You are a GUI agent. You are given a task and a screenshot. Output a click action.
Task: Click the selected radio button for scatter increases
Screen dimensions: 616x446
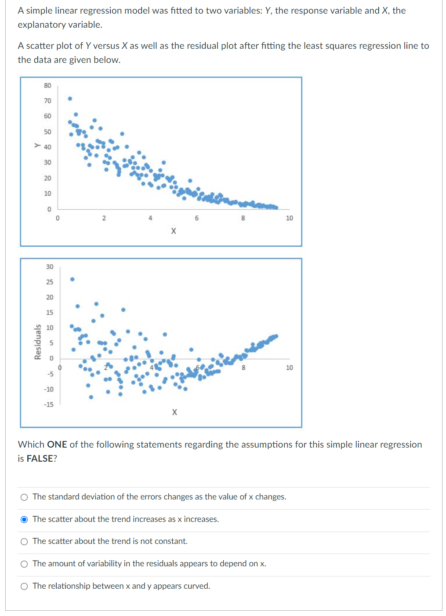(x=24, y=519)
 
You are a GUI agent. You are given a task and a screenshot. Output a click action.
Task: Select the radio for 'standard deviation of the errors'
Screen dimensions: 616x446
(x=24, y=497)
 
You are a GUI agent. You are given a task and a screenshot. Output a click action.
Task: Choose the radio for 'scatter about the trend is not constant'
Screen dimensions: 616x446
(x=24, y=542)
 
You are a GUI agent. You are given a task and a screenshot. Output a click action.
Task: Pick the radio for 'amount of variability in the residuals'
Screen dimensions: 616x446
(x=24, y=564)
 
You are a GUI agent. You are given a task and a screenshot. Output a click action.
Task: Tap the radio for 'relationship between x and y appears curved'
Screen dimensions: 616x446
(x=24, y=587)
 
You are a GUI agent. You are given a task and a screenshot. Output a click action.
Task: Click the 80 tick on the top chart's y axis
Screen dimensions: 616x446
(x=47, y=86)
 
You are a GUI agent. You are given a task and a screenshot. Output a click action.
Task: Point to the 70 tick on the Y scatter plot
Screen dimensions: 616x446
(x=47, y=101)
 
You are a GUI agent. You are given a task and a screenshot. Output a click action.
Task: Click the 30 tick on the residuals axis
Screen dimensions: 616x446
(x=50, y=267)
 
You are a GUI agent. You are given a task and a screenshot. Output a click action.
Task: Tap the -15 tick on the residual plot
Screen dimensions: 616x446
(x=48, y=405)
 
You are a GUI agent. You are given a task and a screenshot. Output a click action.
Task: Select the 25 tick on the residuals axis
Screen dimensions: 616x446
(x=50, y=282)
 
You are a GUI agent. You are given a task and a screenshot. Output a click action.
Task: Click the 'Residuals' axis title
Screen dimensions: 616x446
(x=38, y=342)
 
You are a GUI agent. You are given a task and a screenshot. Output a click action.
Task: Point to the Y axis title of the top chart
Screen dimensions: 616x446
(x=37, y=146)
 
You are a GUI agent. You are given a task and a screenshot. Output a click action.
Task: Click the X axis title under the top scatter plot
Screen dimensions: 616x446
(x=174, y=231)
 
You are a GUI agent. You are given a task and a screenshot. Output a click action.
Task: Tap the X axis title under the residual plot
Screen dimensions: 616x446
(x=175, y=412)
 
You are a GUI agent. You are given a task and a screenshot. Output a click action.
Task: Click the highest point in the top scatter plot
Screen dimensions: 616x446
(x=70, y=98)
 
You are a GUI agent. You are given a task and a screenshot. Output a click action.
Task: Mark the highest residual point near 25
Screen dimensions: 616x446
(x=73, y=279)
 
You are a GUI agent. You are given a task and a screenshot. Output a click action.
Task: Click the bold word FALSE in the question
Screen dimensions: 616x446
(x=40, y=459)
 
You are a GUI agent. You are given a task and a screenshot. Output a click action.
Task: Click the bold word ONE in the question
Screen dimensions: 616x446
(x=57, y=445)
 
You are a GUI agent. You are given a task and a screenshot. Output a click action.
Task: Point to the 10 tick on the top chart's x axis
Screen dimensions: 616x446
(x=289, y=218)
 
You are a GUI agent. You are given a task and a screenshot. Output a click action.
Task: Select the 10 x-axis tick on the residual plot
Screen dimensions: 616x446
(x=289, y=368)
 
